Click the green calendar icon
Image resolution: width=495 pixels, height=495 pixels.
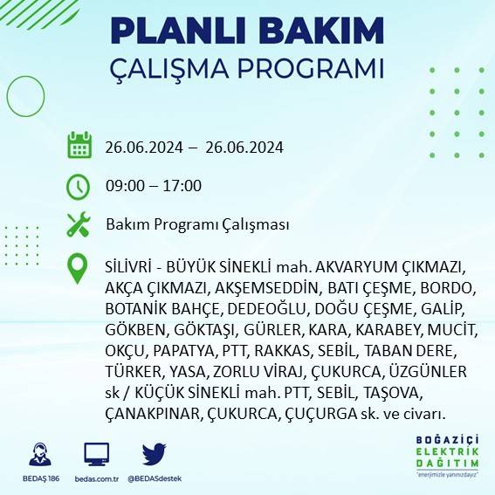[79, 146]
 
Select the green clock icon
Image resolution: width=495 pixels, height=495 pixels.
[79, 185]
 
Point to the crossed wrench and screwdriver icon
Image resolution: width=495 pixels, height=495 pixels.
[79, 224]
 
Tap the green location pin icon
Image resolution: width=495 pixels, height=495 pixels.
[79, 269]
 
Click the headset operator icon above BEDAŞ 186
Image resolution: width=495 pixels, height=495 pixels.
[40, 455]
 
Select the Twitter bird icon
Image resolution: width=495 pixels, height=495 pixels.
[154, 454]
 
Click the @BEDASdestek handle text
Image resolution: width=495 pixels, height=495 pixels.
[154, 479]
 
